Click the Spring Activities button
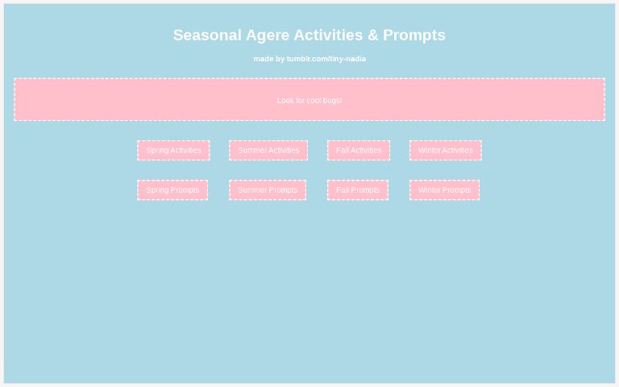point(173,151)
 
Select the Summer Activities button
point(268,151)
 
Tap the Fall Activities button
point(359,151)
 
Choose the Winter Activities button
point(445,151)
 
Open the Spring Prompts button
point(172,190)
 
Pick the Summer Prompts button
point(268,190)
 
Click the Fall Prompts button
point(358,190)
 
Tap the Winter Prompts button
point(444,190)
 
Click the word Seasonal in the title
point(207,35)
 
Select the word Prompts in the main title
point(414,35)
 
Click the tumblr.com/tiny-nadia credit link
point(326,59)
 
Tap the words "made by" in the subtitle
point(268,59)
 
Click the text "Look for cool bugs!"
point(309,101)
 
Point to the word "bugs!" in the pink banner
point(332,101)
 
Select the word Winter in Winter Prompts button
point(429,190)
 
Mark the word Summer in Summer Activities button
point(252,151)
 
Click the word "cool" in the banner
point(314,101)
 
